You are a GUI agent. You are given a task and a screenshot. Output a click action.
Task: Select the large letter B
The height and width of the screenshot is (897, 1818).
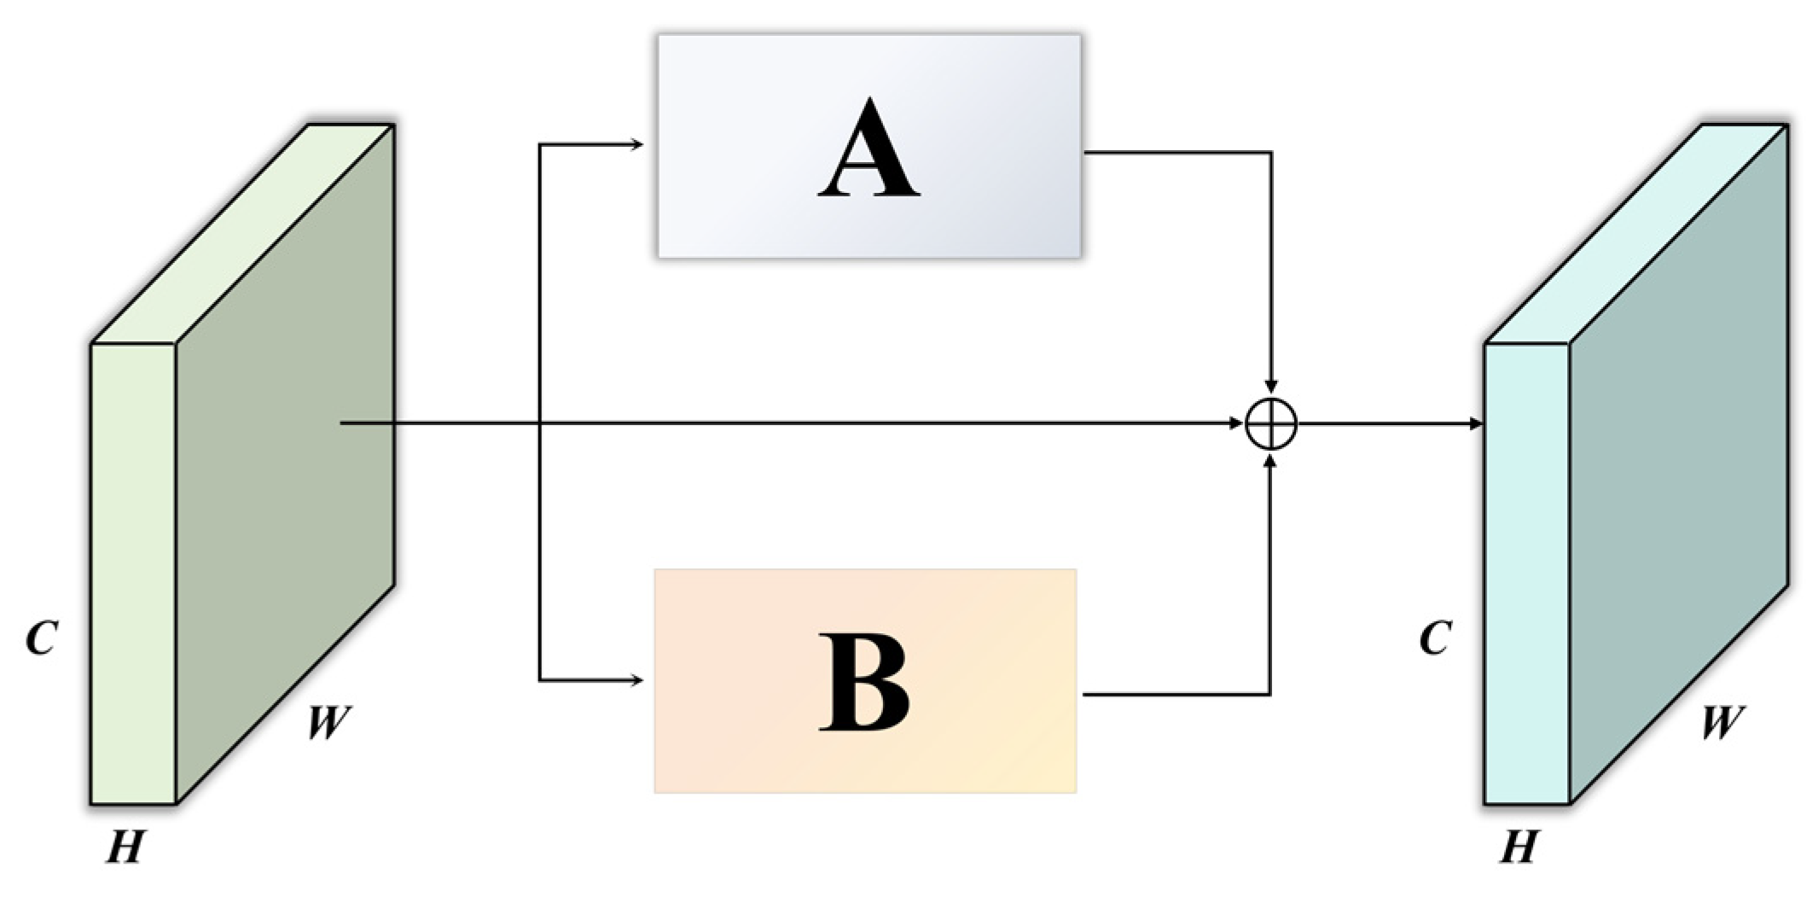[863, 682]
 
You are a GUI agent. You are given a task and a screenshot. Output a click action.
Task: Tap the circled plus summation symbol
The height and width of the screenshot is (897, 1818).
[1271, 423]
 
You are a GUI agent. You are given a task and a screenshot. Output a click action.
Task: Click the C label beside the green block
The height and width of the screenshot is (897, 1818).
[41, 638]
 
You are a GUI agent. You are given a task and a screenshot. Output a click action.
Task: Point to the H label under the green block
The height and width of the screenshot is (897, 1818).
[125, 847]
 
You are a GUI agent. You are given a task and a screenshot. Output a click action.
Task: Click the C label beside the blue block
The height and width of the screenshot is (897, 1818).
[1435, 638]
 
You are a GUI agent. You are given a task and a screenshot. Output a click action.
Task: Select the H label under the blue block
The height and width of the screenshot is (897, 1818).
[1519, 847]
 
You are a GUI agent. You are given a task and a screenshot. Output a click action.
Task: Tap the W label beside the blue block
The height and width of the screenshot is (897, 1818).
[1722, 722]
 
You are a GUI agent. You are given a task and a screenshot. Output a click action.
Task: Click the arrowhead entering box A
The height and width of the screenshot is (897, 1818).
[636, 145]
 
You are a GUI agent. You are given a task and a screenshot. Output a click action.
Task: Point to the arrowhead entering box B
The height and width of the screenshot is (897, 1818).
[636, 680]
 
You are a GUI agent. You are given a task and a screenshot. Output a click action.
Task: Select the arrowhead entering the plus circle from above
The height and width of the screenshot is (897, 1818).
[1271, 388]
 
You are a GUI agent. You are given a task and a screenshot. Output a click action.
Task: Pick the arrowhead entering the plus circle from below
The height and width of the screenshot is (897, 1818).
[1271, 460]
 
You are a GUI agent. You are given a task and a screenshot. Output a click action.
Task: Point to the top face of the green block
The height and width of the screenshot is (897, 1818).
[243, 234]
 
